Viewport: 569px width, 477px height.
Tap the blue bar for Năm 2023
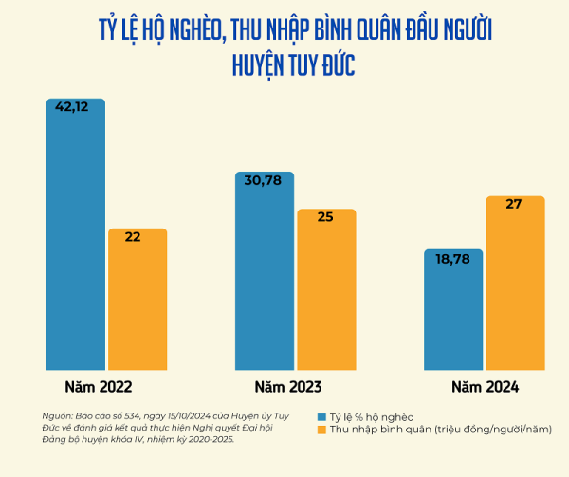click(x=265, y=275)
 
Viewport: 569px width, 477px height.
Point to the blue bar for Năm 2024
click(x=454, y=313)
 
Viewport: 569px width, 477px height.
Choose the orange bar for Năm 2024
click(x=516, y=284)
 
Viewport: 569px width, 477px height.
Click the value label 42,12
click(x=72, y=107)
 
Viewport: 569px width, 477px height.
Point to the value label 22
click(x=133, y=237)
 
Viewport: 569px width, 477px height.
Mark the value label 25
click(x=324, y=217)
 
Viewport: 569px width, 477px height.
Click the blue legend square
click(x=322, y=417)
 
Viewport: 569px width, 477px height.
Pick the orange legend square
click(x=322, y=431)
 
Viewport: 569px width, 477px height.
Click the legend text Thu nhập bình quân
click(x=379, y=431)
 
